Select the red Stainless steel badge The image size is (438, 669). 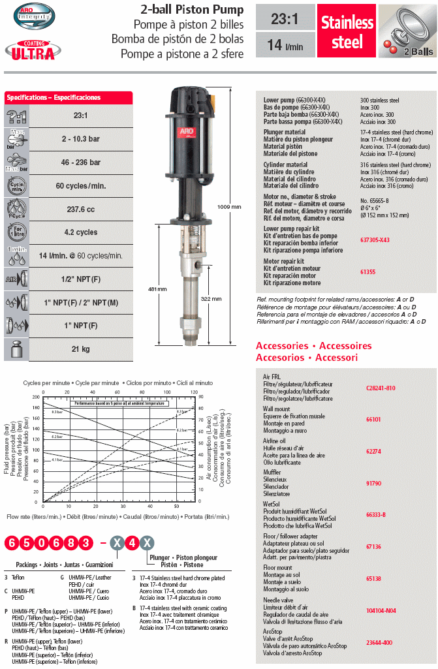click(347, 33)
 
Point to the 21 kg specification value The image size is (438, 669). click(80, 349)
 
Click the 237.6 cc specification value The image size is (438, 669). click(80, 208)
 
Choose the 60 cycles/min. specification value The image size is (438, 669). click(80, 186)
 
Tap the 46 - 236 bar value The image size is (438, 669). click(80, 162)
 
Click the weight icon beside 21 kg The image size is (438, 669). click(16, 349)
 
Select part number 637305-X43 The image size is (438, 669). click(375, 240)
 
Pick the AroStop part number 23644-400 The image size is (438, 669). click(379, 643)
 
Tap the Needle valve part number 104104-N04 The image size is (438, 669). click(382, 610)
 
